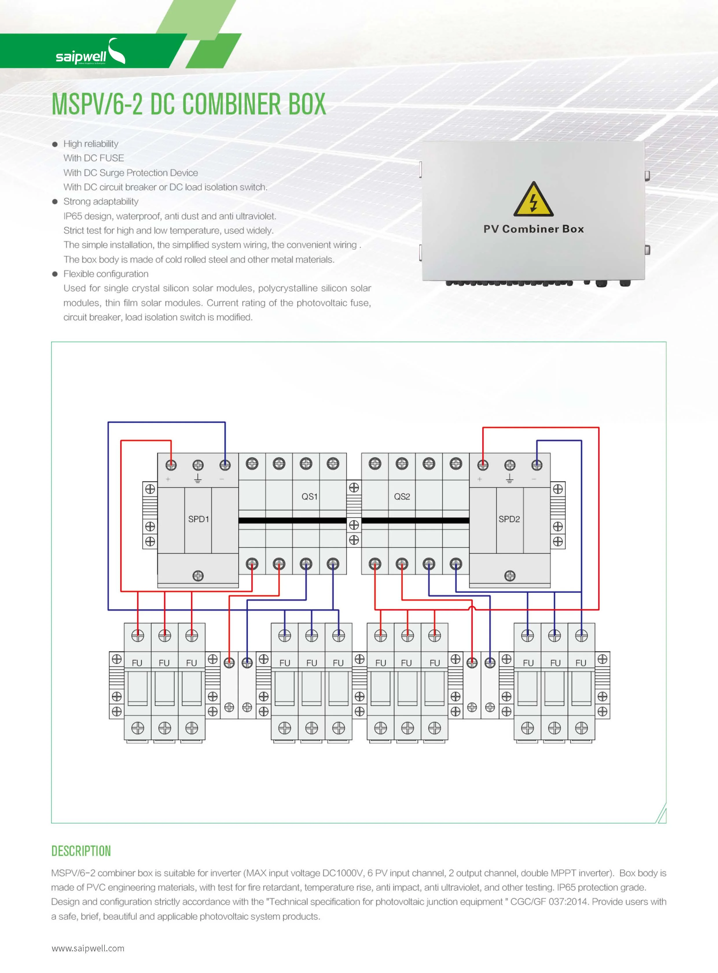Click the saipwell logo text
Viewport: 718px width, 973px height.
pos(81,56)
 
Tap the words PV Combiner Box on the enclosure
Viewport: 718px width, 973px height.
pos(533,229)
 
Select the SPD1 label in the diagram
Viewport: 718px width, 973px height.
pos(198,519)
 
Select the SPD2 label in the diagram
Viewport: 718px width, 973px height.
pos(509,519)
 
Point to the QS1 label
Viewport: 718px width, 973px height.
pos(309,496)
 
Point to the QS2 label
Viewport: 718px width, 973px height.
pos(402,496)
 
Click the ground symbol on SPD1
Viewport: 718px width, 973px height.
pos(198,479)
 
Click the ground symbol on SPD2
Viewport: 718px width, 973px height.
pos(509,479)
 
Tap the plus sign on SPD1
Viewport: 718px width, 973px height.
pos(168,479)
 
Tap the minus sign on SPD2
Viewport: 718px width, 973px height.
pos(534,479)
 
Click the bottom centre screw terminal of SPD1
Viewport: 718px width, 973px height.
pos(198,576)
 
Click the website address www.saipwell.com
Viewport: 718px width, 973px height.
pos(88,948)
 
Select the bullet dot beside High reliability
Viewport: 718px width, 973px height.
pos(55,144)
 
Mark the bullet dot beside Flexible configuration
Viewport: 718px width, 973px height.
pos(55,274)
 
